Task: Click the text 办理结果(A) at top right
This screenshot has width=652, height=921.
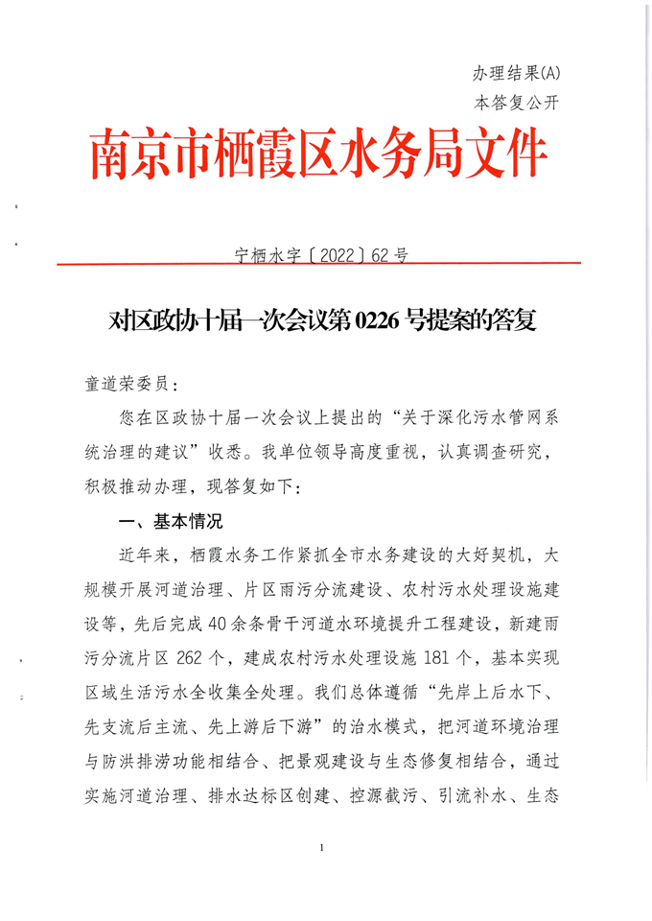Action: [x=515, y=74]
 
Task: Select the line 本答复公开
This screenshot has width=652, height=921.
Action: [x=515, y=103]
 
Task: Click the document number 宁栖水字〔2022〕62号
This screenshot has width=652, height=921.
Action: [x=321, y=255]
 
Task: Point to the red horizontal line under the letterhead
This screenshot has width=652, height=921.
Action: [x=319, y=263]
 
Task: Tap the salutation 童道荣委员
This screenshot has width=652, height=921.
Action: [x=124, y=384]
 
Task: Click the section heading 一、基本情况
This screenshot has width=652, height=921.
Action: [x=167, y=523]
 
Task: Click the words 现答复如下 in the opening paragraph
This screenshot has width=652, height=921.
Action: [x=252, y=487]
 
